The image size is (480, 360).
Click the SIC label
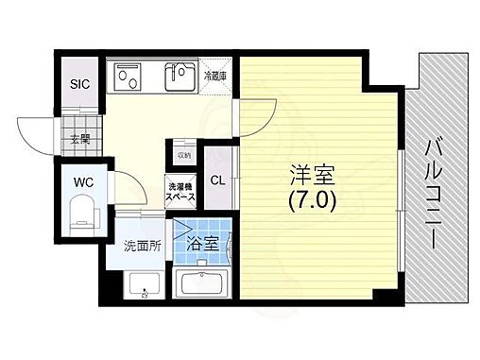78,83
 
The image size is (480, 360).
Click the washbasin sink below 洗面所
142,283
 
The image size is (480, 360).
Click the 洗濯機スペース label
181,191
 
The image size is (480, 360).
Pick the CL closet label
216,180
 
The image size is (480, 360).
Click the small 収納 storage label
183,154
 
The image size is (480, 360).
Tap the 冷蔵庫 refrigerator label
214,74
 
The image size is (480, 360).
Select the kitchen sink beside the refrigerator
180,76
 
